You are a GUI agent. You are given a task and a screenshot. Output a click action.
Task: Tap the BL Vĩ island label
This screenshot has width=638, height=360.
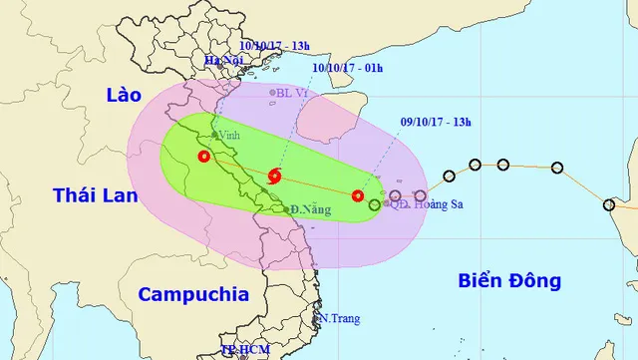(x=295, y=94)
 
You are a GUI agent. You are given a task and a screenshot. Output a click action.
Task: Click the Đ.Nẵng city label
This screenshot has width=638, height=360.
(x=303, y=209)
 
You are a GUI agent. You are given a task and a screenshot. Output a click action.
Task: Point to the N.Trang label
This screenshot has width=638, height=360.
(x=339, y=319)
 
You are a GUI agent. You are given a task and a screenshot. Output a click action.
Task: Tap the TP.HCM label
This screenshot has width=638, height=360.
(x=243, y=351)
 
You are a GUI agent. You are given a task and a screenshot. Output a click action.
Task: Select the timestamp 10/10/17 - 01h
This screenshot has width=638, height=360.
(x=344, y=69)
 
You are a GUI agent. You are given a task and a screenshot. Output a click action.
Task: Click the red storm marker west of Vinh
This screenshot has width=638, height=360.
(x=204, y=157)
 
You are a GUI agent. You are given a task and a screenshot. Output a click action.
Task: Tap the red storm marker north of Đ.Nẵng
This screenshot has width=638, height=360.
(x=275, y=178)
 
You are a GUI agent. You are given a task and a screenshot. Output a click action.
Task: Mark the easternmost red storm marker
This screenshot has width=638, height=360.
(x=358, y=195)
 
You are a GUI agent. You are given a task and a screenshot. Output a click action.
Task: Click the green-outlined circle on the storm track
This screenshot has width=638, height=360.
(x=375, y=203)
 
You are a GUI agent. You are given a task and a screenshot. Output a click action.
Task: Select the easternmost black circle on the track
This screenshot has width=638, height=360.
(x=609, y=204)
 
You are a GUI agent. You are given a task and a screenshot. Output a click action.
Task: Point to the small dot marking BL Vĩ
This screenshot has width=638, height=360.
(x=272, y=93)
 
